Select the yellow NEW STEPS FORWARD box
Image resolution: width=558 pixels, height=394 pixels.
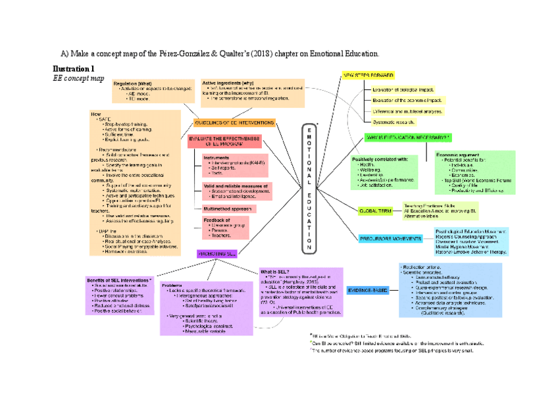368,76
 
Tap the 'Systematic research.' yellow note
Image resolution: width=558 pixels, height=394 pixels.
394,122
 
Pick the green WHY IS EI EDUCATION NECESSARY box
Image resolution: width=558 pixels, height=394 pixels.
409,137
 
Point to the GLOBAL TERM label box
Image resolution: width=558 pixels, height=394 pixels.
375,211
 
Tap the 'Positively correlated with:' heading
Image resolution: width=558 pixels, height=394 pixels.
380,159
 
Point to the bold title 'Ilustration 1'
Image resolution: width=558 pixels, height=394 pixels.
73,68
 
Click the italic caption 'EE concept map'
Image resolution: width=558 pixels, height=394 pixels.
78,78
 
